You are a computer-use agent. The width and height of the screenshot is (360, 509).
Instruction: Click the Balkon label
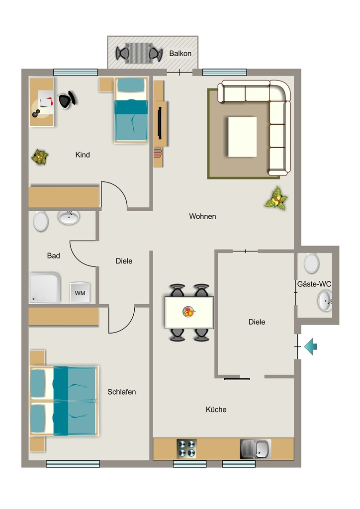(180, 54)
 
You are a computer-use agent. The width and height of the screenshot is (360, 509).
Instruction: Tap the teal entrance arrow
(311, 346)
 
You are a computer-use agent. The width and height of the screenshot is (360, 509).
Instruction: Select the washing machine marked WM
(80, 292)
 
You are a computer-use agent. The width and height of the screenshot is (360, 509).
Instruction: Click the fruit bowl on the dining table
(188, 312)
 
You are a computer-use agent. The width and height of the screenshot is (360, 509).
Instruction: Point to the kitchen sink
(255, 449)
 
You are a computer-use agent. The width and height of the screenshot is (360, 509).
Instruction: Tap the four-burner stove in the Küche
(186, 448)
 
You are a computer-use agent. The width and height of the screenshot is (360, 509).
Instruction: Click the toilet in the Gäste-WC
(312, 263)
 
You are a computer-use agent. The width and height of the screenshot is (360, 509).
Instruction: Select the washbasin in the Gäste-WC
(325, 301)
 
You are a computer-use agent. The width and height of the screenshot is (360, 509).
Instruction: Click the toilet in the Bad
(41, 221)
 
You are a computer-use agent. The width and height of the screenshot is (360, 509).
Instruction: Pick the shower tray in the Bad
(45, 288)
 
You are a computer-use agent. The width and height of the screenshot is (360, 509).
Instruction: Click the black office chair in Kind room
(67, 99)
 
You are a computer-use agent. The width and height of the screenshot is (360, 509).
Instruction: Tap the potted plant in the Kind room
(40, 157)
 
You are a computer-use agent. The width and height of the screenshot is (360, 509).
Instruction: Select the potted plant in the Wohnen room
(276, 199)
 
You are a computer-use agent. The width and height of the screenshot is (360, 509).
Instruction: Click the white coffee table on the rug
(242, 137)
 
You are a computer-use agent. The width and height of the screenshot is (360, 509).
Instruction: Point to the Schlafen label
(122, 392)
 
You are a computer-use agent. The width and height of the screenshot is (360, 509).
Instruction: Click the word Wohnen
(202, 216)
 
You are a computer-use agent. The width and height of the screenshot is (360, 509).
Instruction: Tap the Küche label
(216, 410)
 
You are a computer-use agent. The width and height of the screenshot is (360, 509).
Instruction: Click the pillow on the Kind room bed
(131, 85)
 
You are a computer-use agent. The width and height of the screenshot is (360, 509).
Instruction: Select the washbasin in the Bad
(69, 217)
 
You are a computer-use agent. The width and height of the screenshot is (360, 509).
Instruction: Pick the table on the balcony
(139, 53)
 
